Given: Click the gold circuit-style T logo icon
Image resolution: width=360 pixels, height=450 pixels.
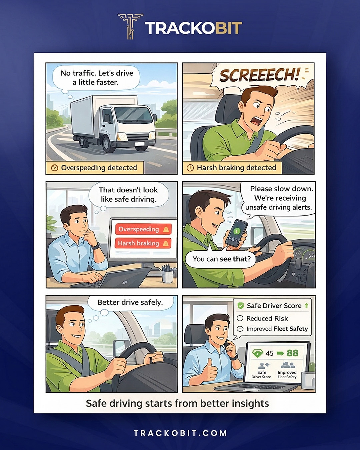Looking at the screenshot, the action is pos(130,26).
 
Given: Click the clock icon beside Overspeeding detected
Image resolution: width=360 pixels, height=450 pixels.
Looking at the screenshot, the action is pos(54,168).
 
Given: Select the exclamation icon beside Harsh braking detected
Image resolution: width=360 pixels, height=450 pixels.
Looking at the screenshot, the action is pos(190,168).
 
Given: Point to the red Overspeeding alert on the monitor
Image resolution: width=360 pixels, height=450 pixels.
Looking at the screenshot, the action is pos(143,229).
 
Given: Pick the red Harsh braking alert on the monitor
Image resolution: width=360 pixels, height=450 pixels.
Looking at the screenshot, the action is pos(143,243).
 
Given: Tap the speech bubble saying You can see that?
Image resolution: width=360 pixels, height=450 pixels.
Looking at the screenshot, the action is pos(221,259).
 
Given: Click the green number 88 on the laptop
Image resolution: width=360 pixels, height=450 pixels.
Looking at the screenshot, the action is pos(292,353).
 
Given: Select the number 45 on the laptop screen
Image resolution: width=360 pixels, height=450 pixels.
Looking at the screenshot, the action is pos(269,353).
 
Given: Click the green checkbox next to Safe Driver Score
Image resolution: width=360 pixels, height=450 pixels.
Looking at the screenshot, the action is pos(241,306).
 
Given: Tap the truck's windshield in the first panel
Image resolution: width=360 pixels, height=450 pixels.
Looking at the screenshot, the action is pos(133,115).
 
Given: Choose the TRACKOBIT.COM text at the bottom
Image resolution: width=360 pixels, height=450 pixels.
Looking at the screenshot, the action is pos(180,433).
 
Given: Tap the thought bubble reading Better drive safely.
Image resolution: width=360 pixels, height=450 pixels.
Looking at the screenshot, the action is pos(130,303).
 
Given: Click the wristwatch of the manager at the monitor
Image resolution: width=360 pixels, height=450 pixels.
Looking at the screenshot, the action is pos(96,246).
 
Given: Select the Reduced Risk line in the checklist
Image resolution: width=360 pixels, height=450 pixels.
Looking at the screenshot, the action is pos(262,318).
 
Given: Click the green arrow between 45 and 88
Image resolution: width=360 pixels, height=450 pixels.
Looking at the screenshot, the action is pos(280,353).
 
